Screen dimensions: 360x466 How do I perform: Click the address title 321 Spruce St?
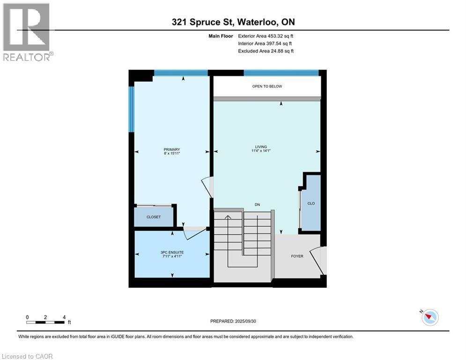click(x=233, y=22)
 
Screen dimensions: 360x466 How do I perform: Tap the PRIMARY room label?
click(x=172, y=150)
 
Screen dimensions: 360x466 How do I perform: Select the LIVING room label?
click(x=267, y=147)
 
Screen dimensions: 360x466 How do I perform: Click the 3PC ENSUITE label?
click(x=172, y=252)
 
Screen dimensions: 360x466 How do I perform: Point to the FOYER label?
click(x=297, y=256)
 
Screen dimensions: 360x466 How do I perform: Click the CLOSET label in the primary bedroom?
click(x=153, y=217)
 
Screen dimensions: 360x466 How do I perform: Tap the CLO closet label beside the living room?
click(x=311, y=204)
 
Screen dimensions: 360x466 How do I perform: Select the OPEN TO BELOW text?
click(x=267, y=87)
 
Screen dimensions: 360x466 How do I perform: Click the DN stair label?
click(x=257, y=205)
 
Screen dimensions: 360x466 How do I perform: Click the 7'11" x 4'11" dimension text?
click(x=172, y=256)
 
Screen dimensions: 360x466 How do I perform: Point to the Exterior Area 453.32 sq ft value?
click(x=266, y=36)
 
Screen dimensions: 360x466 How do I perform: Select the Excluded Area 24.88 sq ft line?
click(x=266, y=51)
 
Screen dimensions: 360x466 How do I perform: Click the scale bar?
click(x=45, y=322)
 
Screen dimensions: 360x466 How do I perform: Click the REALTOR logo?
click(x=27, y=32)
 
